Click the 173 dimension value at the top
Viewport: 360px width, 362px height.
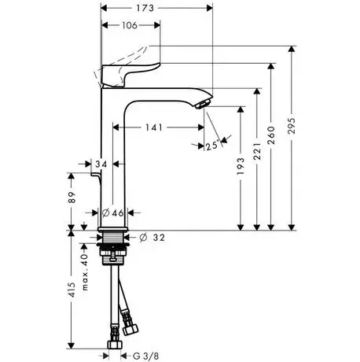[x=145, y=8]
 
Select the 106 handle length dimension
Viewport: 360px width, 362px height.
[x=130, y=25]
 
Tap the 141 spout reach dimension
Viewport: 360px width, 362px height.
[x=154, y=127]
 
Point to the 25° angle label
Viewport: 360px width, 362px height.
[x=212, y=146]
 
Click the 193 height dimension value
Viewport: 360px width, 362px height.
[x=241, y=166]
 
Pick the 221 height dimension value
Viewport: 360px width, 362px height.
[x=257, y=151]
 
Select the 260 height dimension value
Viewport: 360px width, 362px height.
[x=271, y=135]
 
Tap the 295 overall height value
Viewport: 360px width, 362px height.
[x=292, y=126]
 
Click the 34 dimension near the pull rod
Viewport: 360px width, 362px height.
[x=101, y=164]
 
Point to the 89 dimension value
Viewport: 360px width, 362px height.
[x=72, y=198]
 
